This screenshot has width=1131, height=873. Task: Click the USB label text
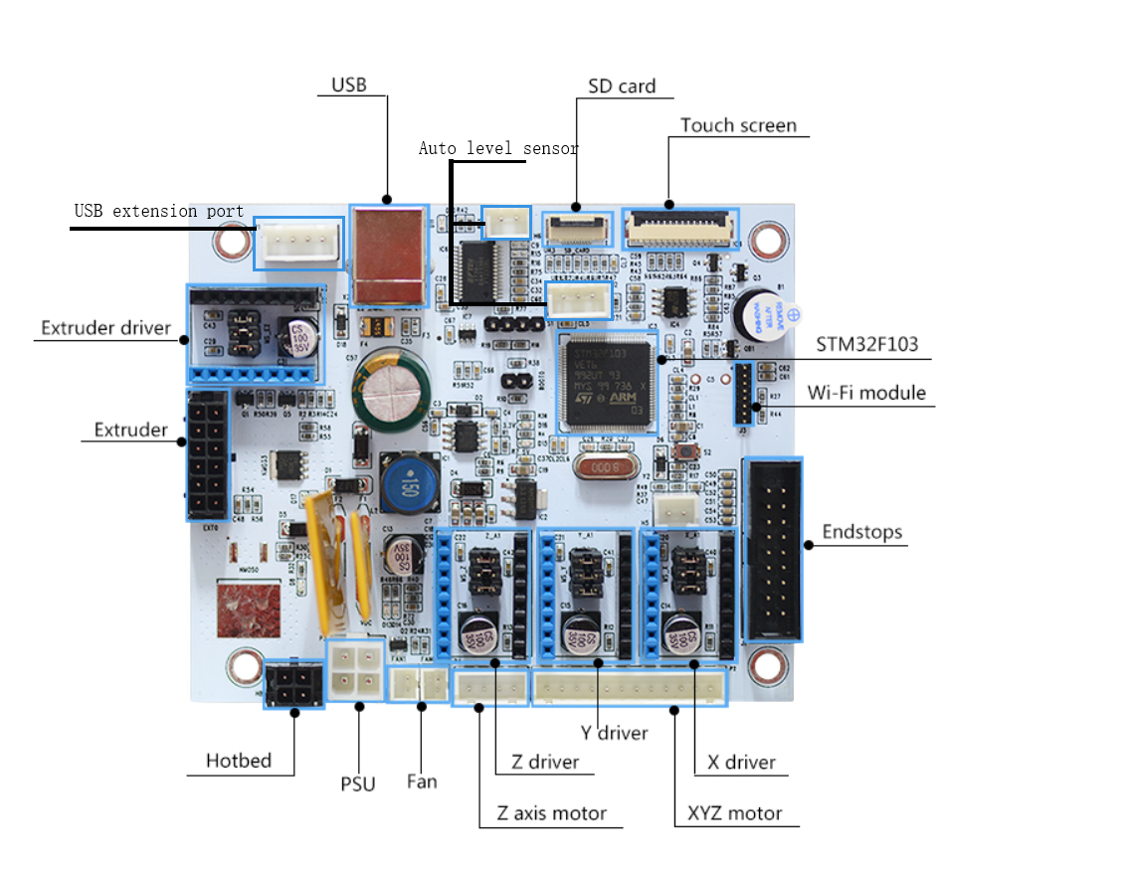pyautogui.click(x=348, y=86)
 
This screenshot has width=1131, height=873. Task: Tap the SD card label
pyautogui.click(x=622, y=87)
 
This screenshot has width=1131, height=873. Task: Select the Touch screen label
pyautogui.click(x=738, y=125)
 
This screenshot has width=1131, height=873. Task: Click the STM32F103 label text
pyautogui.click(x=866, y=345)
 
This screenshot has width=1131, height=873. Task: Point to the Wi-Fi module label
pyautogui.click(x=865, y=393)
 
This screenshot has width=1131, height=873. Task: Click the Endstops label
pyautogui.click(x=861, y=532)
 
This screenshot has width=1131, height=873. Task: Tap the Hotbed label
pyautogui.click(x=239, y=761)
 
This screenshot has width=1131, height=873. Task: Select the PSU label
pyautogui.click(x=358, y=784)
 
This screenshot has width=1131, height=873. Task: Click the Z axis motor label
pyautogui.click(x=552, y=813)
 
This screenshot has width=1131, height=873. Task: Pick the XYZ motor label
pyautogui.click(x=735, y=813)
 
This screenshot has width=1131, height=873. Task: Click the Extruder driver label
pyautogui.click(x=105, y=328)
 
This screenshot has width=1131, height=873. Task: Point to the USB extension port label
pyautogui.click(x=159, y=211)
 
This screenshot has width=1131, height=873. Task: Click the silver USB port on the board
pyautogui.click(x=389, y=254)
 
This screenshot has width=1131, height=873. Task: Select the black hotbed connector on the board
pyautogui.click(x=293, y=684)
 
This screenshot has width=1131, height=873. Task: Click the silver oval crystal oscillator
pyautogui.click(x=606, y=466)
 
